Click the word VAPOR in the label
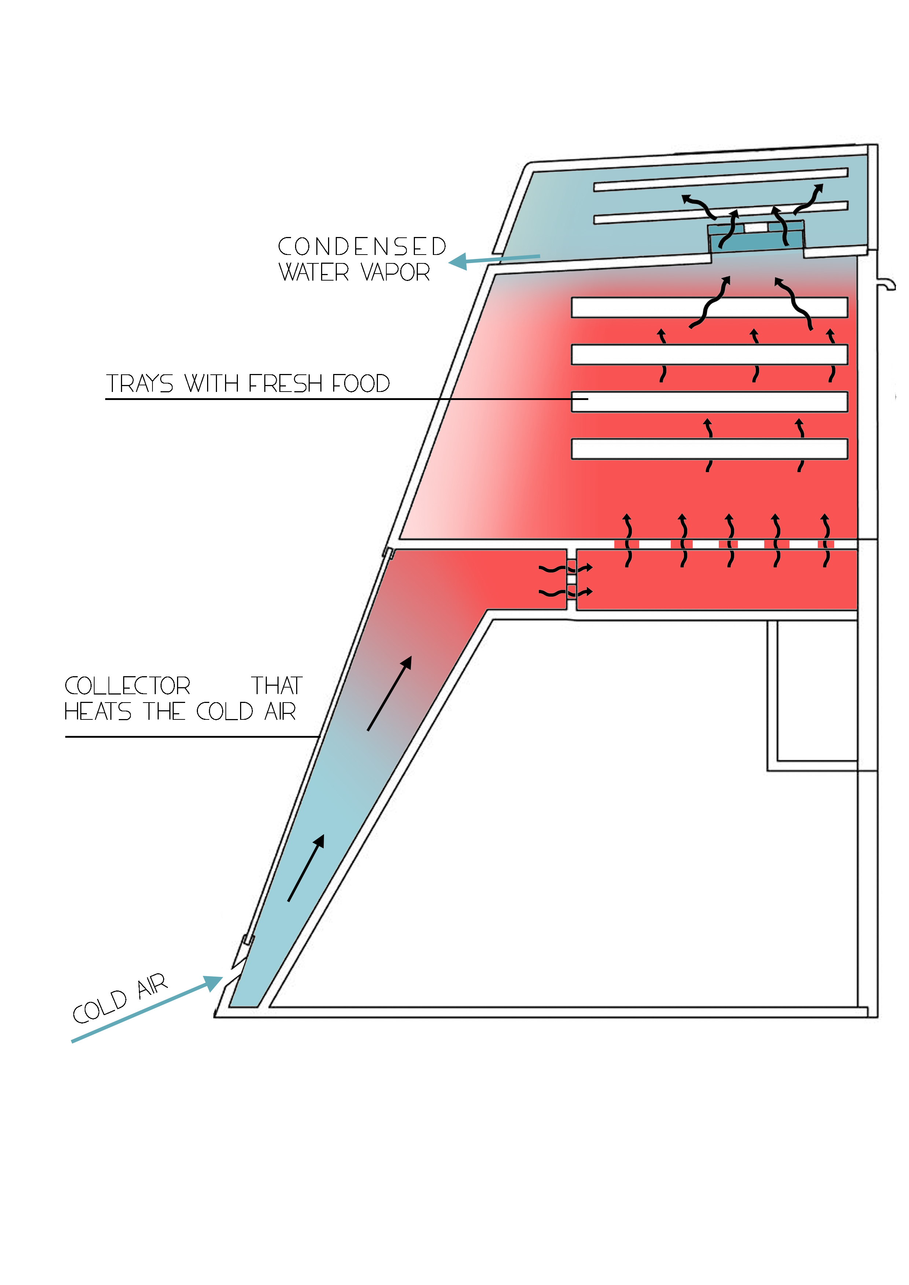(x=395, y=273)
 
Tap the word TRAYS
(x=140, y=384)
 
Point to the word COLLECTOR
(x=128, y=686)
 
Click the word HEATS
(x=97, y=712)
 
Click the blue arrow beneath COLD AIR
(x=146, y=1011)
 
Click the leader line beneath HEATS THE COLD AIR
(x=191, y=737)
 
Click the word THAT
(x=277, y=686)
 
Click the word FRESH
(x=286, y=384)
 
